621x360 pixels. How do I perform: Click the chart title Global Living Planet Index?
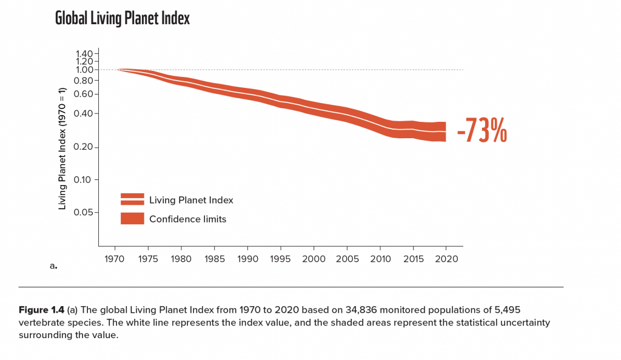(x=122, y=19)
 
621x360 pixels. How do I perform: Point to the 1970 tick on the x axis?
(x=115, y=259)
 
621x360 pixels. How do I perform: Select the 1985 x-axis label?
(x=214, y=259)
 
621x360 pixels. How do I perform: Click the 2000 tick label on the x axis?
(x=314, y=259)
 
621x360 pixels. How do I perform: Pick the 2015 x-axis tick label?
(x=413, y=259)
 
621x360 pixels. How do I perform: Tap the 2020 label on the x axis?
(x=446, y=259)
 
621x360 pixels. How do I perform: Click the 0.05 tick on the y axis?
(x=84, y=212)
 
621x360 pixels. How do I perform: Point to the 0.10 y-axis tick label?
(x=84, y=180)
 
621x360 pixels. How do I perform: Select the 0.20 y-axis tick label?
(x=84, y=148)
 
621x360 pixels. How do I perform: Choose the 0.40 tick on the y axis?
(x=84, y=113)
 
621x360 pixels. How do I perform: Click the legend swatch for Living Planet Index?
(x=132, y=199)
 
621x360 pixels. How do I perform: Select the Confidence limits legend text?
(x=187, y=219)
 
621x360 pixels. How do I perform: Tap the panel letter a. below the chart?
(x=53, y=265)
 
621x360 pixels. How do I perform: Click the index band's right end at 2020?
(x=445, y=132)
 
